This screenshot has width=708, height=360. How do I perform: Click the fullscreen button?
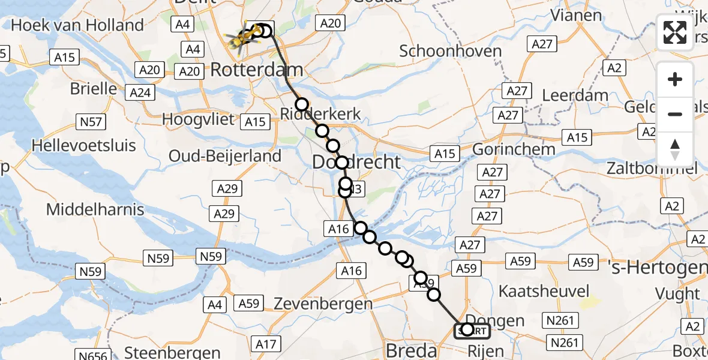click(x=675, y=32)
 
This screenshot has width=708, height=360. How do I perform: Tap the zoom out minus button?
click(x=675, y=114)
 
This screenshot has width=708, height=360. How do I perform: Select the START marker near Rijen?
click(x=472, y=331)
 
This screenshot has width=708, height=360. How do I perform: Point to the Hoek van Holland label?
click(x=77, y=25)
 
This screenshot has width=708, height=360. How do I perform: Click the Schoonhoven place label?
click(x=450, y=51)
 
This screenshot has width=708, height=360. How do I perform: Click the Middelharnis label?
click(x=95, y=209)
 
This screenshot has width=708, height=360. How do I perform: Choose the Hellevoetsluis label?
click(x=84, y=145)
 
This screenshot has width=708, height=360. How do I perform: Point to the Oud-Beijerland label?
click(x=224, y=156)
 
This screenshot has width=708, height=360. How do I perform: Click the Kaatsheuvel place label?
click(x=544, y=291)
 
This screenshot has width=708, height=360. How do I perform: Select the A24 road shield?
click(x=140, y=93)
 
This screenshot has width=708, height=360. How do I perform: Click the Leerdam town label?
click(x=575, y=95)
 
